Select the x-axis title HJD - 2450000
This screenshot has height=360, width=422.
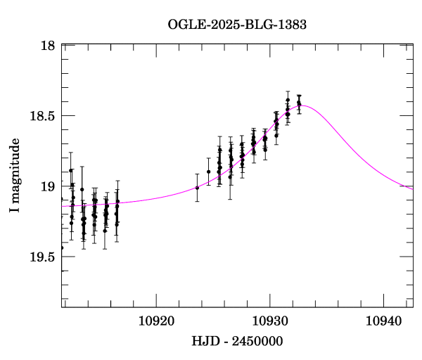coord(237,342)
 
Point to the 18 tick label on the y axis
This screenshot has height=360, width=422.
coord(49,46)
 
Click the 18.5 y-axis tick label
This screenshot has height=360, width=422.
coord(42,116)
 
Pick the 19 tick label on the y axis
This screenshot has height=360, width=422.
coord(49,186)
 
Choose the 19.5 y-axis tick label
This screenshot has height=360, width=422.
coord(42,257)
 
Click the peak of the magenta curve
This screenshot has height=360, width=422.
coord(303,105)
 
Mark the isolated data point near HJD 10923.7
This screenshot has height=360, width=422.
coord(197,188)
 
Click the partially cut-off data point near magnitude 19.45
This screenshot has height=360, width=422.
coord(62,247)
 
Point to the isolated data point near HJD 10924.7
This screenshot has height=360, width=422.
coord(209,172)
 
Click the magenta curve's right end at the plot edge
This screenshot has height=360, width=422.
coord(412,188)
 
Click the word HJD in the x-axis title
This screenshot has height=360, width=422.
coord(204,342)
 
